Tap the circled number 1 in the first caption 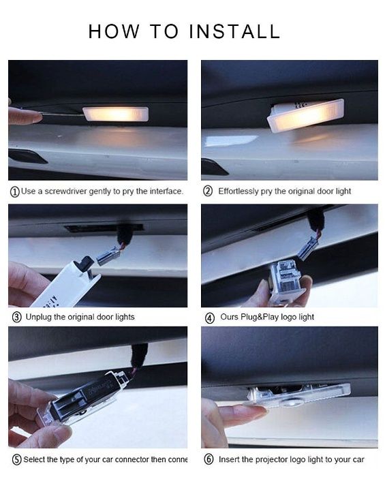point(14,191)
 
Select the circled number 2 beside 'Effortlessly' point(208,191)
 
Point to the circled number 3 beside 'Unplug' point(16,317)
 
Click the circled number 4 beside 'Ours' point(208,317)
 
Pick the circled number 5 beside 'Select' point(16,459)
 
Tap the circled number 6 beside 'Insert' point(208,459)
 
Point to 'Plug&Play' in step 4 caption point(260,317)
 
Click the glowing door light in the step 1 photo point(115,114)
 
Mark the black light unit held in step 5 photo point(85,399)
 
